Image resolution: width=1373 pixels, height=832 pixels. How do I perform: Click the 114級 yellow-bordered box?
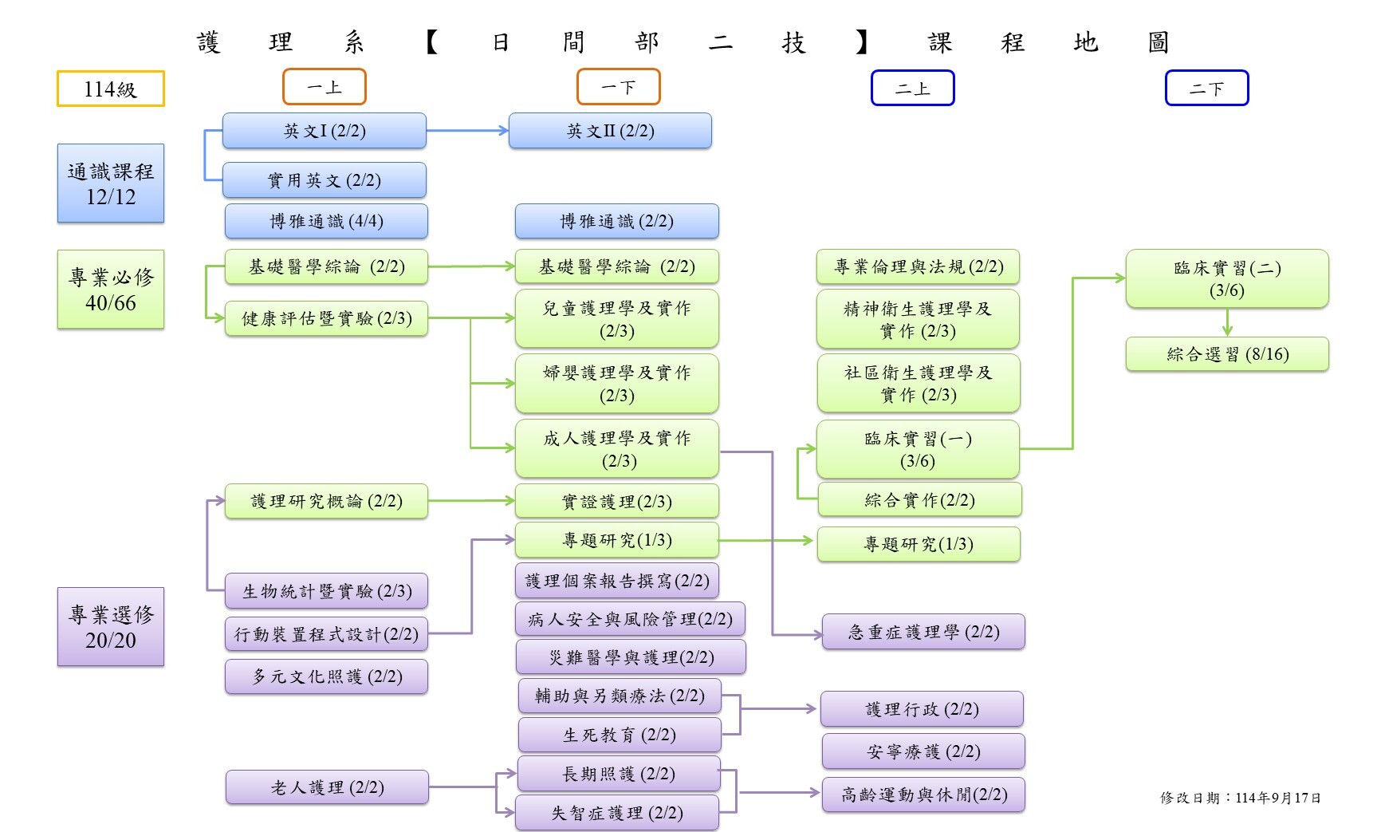click(x=110, y=89)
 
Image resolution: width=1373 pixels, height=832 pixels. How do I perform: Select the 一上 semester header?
click(x=324, y=87)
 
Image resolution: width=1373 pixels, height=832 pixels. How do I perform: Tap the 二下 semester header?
click(x=1206, y=89)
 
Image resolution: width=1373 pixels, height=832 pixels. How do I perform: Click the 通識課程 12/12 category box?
click(x=110, y=183)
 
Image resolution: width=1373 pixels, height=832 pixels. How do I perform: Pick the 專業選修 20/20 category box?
click(x=110, y=627)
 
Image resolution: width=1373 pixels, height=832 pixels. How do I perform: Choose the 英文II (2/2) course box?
click(x=610, y=131)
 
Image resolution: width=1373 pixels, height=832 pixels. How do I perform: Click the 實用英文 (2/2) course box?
click(x=324, y=180)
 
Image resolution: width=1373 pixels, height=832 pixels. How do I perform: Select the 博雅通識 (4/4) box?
click(x=326, y=221)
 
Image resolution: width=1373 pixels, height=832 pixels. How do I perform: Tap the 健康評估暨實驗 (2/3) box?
click(x=326, y=318)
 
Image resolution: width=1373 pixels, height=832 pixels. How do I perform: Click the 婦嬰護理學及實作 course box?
click(x=616, y=384)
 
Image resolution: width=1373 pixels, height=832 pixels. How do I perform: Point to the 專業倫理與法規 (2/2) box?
click(x=918, y=266)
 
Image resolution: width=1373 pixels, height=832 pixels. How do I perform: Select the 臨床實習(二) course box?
click(x=1227, y=278)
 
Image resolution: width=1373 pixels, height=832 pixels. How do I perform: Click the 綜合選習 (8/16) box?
click(x=1227, y=354)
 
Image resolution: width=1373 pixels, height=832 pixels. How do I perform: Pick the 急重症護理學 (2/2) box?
click(x=923, y=632)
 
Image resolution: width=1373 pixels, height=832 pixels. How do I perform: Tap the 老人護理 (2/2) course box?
click(x=327, y=787)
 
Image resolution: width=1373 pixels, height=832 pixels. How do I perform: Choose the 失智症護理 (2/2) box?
click(x=616, y=813)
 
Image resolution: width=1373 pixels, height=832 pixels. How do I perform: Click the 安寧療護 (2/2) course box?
click(x=923, y=751)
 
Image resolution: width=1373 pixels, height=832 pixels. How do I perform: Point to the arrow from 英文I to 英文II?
click(x=467, y=130)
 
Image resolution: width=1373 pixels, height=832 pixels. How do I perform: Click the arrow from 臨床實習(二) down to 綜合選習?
click(x=1227, y=322)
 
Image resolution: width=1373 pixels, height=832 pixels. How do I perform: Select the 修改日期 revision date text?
click(x=1240, y=798)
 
